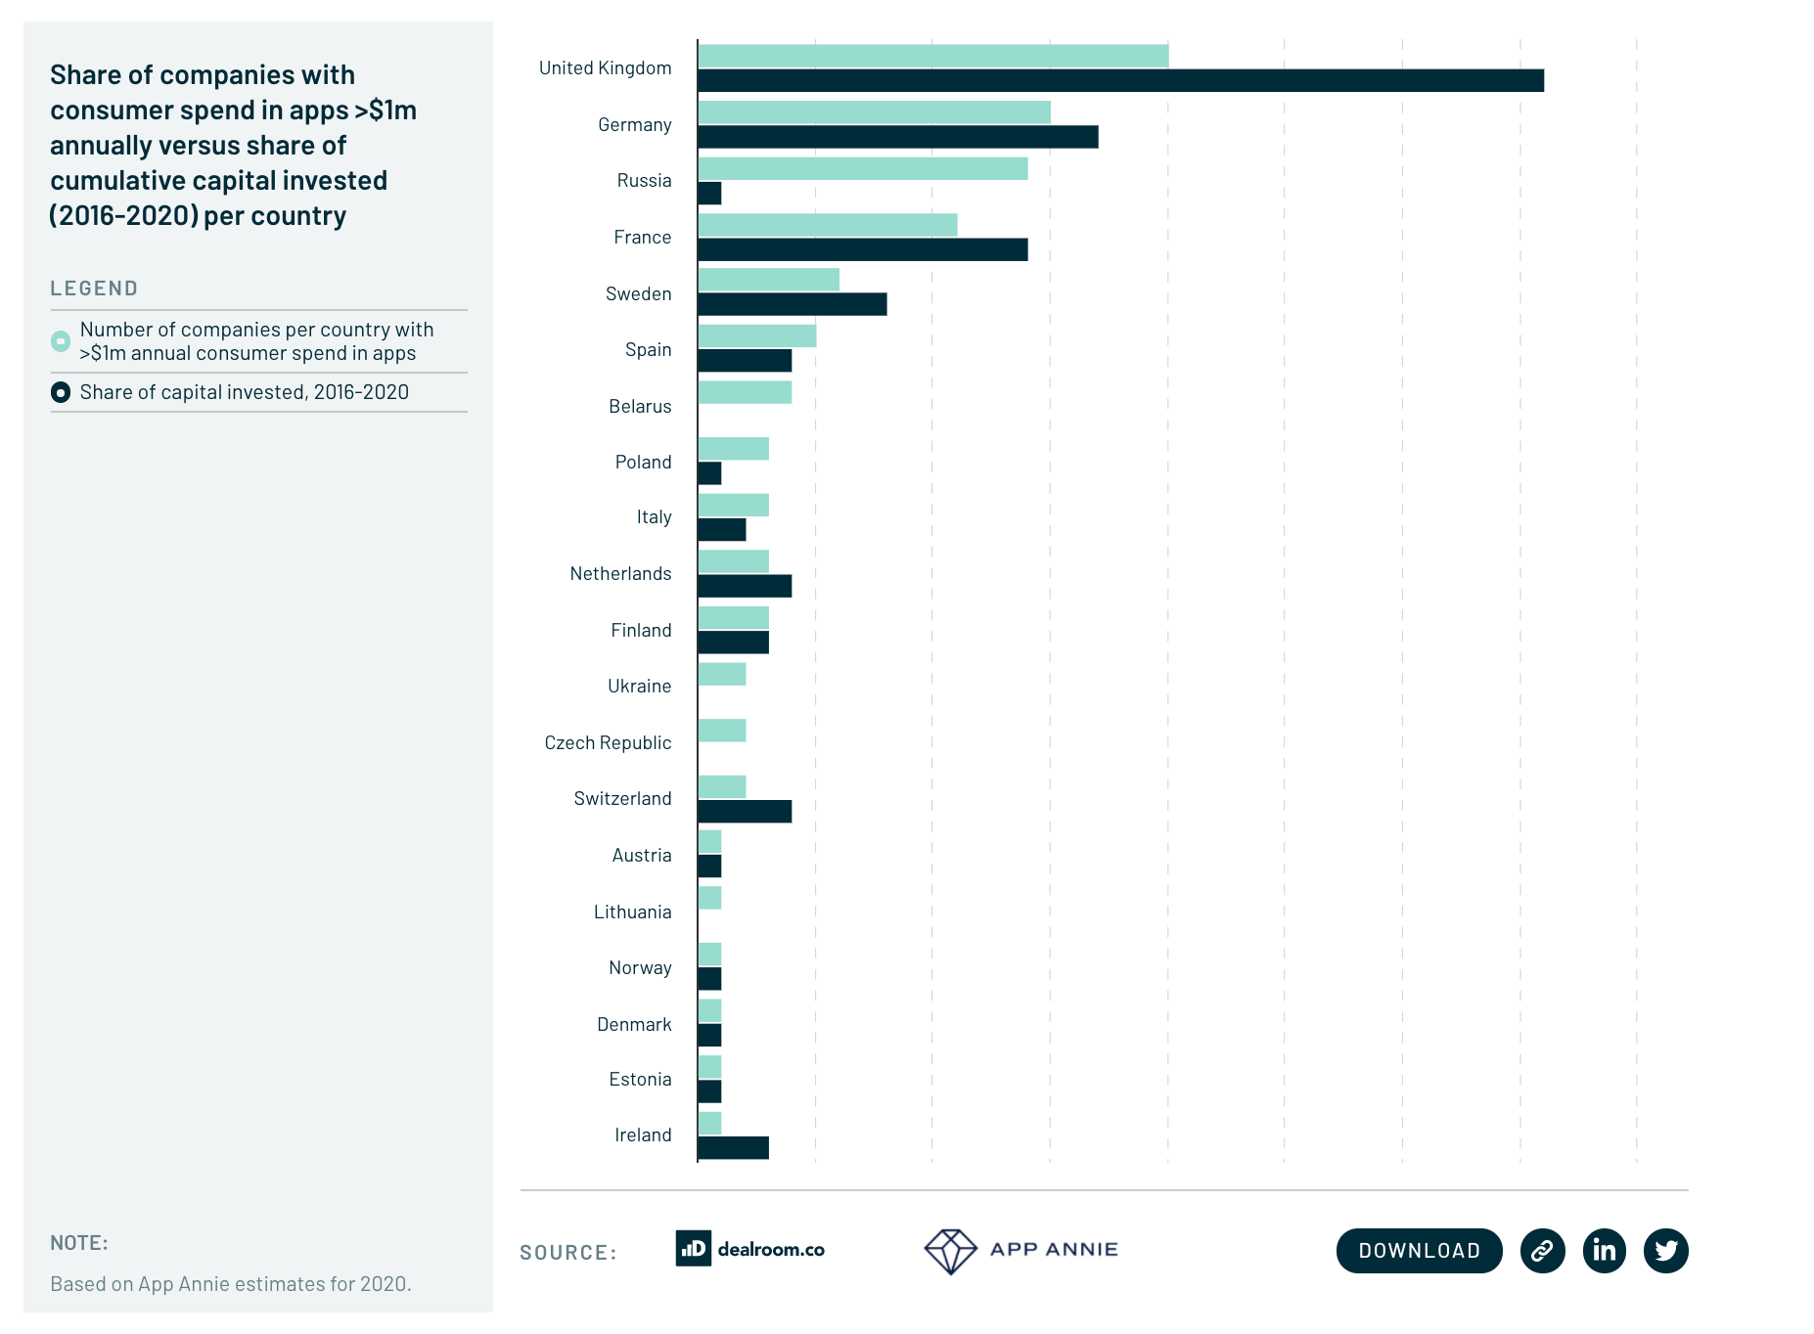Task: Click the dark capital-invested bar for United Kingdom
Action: pyautogui.click(x=1120, y=80)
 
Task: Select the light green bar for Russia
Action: pyautogui.click(x=863, y=169)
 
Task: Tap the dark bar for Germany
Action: pyautogui.click(x=898, y=137)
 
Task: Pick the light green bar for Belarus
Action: pyautogui.click(x=745, y=392)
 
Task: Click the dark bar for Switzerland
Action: pyautogui.click(x=745, y=812)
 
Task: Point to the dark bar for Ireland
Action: pyautogui.click(x=733, y=1148)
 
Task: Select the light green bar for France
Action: pyautogui.click(x=828, y=225)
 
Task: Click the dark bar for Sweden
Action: pyautogui.click(x=793, y=304)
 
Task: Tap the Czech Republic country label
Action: pyautogui.click(x=608, y=743)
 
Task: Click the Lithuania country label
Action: pyautogui.click(x=632, y=912)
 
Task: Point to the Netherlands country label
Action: pyautogui.click(x=620, y=574)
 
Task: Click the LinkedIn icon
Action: pyautogui.click(x=1605, y=1251)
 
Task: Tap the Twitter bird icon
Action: pyautogui.click(x=1666, y=1251)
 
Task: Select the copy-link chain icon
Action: pyautogui.click(x=1543, y=1251)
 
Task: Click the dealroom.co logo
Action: pyautogui.click(x=750, y=1249)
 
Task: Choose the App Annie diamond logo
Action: pyautogui.click(x=950, y=1251)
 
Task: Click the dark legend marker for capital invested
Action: pyautogui.click(x=61, y=392)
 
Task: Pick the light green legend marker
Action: pyautogui.click(x=61, y=341)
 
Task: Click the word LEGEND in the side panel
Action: pyautogui.click(x=94, y=289)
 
